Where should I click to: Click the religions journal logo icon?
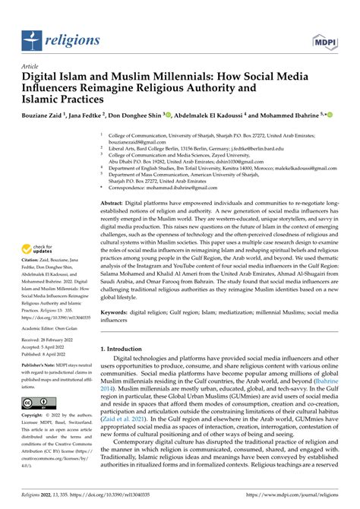33,37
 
